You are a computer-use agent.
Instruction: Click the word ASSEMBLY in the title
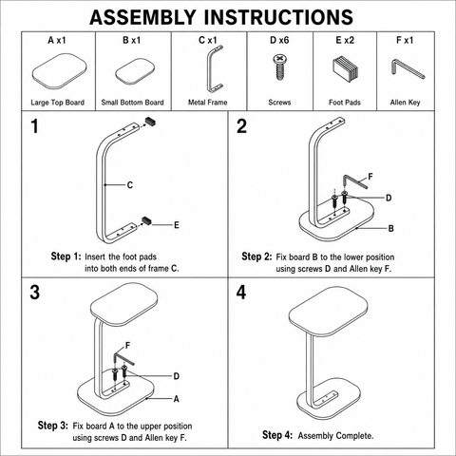pos(142,17)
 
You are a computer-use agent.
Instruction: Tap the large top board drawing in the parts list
pos(59,71)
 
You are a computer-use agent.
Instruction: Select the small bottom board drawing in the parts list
pos(135,71)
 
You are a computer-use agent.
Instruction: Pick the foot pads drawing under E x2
pos(346,68)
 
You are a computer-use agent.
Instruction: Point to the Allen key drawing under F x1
pos(407,69)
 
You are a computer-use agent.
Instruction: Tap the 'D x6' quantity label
pos(279,40)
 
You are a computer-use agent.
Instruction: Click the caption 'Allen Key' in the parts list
pos(405,103)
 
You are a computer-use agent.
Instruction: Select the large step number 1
pos(34,126)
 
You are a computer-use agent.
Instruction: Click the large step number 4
pos(241,293)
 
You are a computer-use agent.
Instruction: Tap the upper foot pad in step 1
pos(150,122)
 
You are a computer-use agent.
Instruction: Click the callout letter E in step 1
pos(177,225)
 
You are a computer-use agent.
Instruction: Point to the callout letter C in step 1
pos(130,185)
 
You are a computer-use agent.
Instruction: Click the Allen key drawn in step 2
pos(355,181)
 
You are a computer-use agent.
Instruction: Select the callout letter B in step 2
pos(391,228)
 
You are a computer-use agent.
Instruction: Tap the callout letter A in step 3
pos(177,399)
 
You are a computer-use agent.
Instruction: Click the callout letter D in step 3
pos(177,376)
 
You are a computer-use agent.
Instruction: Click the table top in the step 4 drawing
pos(329,313)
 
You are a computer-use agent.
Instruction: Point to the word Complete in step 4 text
pos(354,436)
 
